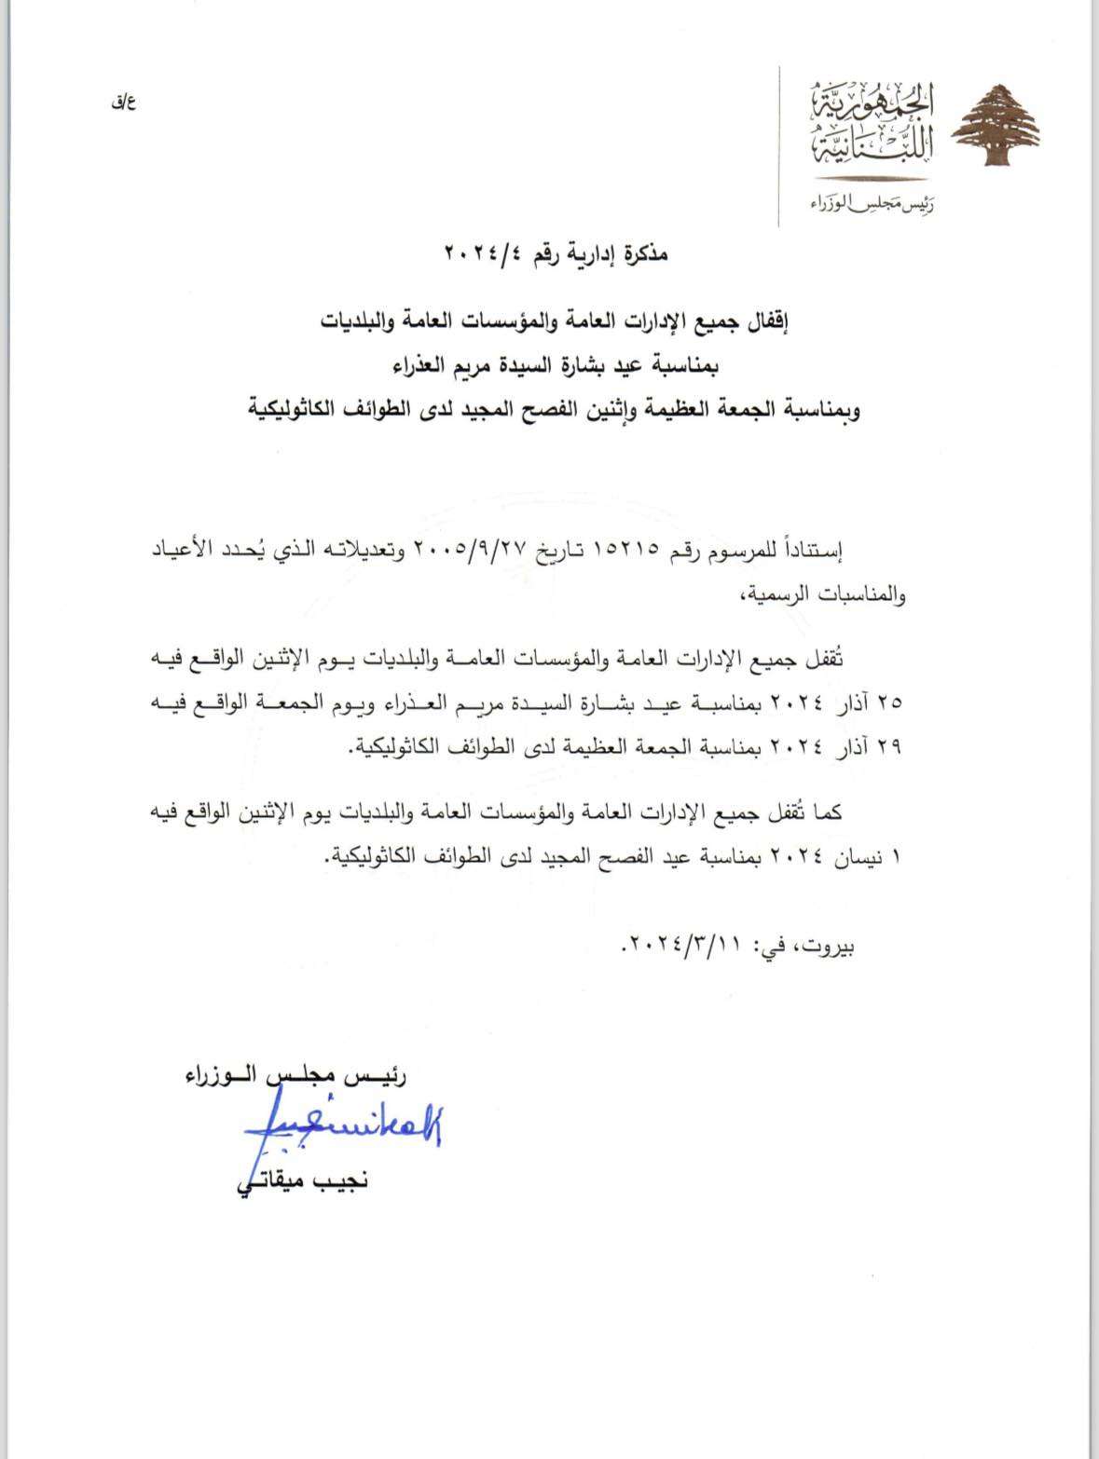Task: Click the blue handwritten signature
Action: (x=342, y=1126)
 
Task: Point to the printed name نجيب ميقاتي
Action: (x=303, y=1182)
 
